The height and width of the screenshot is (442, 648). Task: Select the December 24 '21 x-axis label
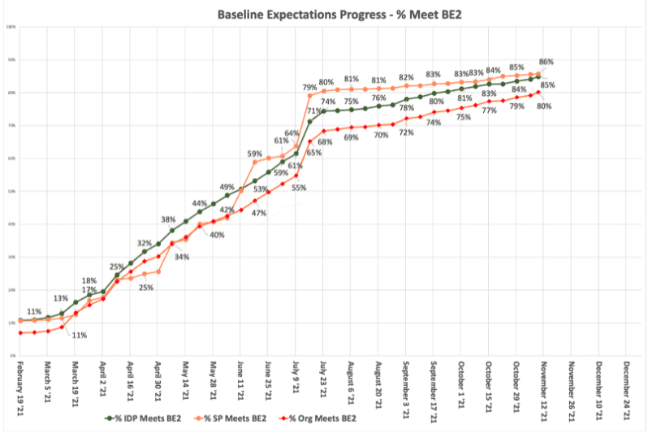627,390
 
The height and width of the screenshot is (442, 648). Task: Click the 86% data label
546,62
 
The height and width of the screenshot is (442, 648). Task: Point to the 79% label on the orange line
309,87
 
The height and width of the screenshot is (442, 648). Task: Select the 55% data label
298,188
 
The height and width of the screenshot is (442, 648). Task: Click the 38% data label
168,219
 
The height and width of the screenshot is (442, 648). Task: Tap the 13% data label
61,298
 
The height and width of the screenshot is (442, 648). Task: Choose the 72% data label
406,132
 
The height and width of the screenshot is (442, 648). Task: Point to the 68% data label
325,142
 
